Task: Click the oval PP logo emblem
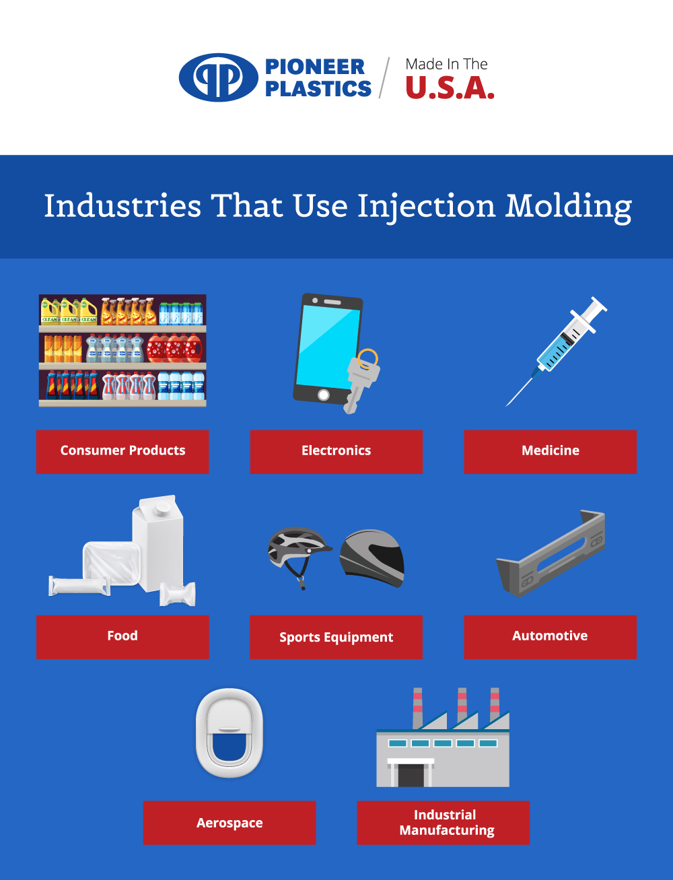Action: [x=218, y=77]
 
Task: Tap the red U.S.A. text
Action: [x=450, y=88]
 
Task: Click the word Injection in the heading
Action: [x=426, y=207]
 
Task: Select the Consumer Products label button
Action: [x=122, y=451]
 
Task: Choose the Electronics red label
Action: [x=336, y=451]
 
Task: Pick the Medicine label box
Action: [x=550, y=451]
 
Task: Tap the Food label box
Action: [x=122, y=636]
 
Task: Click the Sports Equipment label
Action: [x=336, y=637]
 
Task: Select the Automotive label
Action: [x=550, y=636]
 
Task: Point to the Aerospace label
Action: [x=229, y=823]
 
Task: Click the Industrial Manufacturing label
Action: [x=444, y=823]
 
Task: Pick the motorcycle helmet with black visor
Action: [x=372, y=557]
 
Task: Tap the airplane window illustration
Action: [x=229, y=733]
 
